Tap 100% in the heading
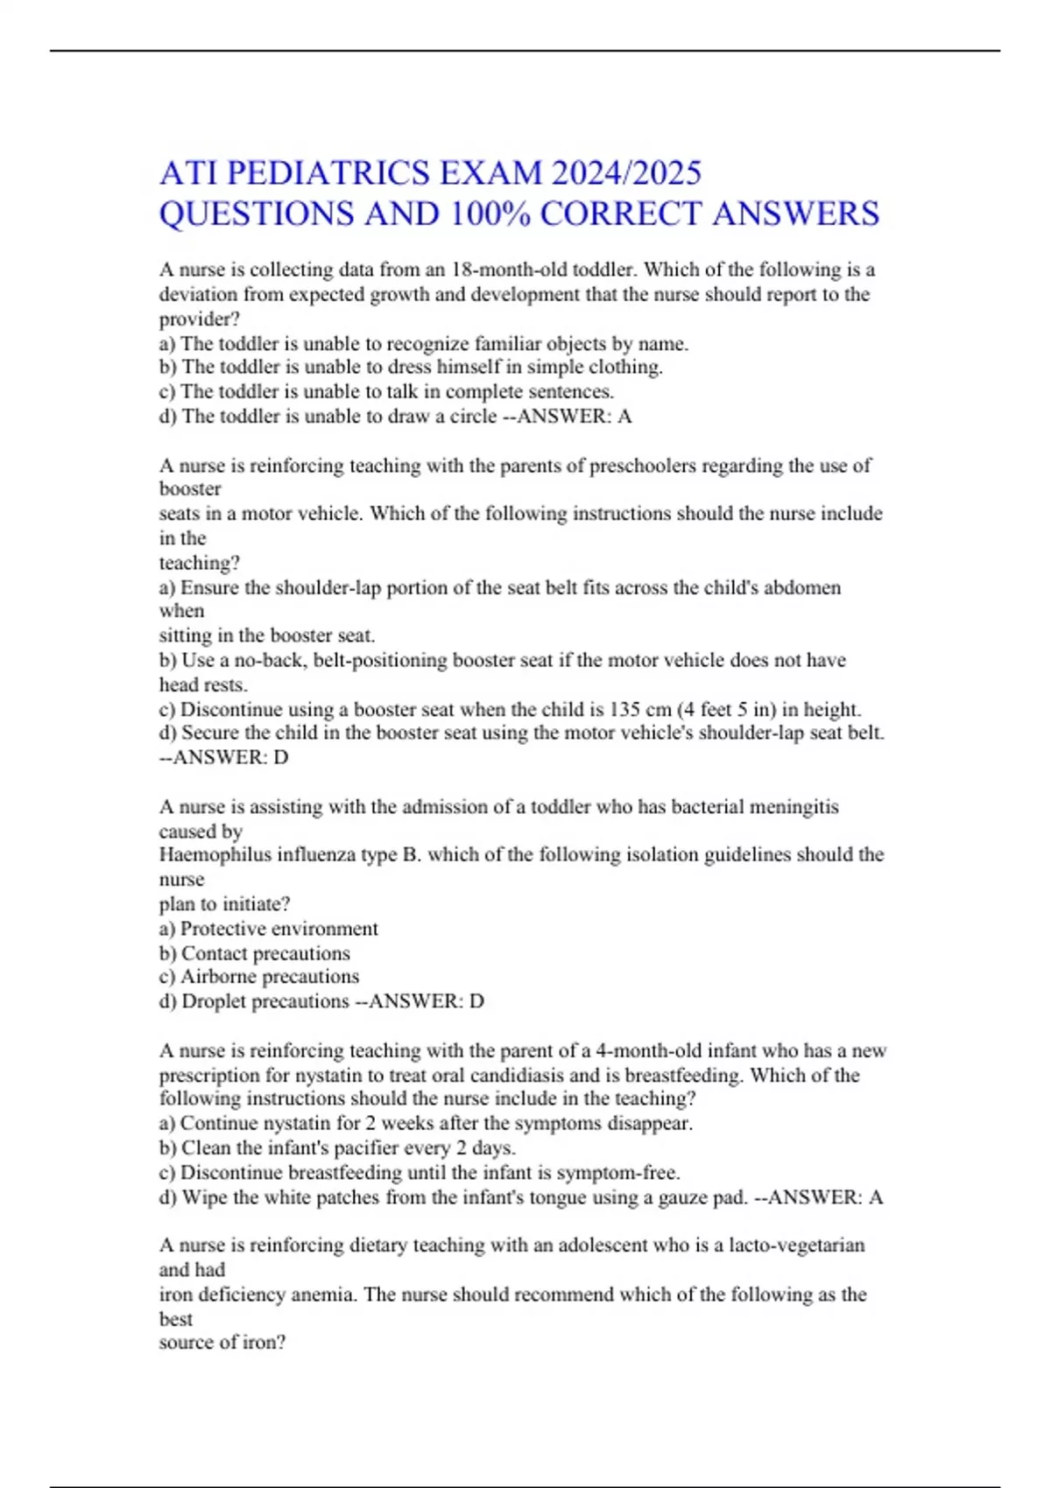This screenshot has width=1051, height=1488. (489, 214)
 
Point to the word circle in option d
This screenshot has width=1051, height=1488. (472, 417)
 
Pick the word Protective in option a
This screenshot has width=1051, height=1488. (228, 929)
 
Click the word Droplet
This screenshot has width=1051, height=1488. (214, 1001)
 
